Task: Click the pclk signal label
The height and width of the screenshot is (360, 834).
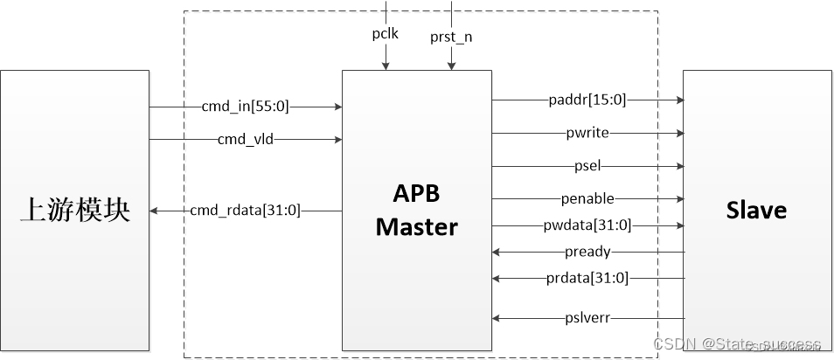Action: point(386,35)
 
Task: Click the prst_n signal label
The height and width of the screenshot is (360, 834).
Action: point(452,38)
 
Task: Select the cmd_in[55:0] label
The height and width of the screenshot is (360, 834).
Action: point(245,107)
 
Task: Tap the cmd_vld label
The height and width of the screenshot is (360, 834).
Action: point(245,139)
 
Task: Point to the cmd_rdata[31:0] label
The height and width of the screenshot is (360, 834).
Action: point(245,211)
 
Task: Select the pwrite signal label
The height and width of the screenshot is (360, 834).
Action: point(587,133)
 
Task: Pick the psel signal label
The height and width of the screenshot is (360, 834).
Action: point(587,165)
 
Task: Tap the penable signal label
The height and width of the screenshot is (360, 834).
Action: point(587,198)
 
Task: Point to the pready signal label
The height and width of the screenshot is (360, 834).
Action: point(587,252)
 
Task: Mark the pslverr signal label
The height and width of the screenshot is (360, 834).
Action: point(587,319)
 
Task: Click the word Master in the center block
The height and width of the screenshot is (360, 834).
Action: point(416,227)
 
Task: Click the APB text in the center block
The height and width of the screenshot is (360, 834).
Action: point(416,192)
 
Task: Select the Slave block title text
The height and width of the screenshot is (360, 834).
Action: point(757,211)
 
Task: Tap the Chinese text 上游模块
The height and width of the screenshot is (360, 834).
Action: point(75,211)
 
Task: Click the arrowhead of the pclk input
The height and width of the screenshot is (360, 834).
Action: point(386,66)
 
